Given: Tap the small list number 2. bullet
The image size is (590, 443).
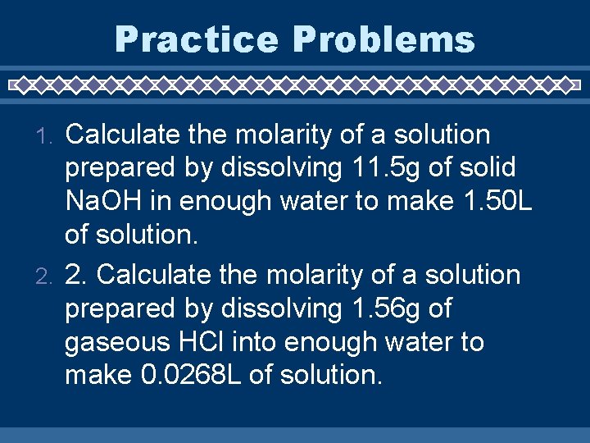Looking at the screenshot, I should tap(48, 276).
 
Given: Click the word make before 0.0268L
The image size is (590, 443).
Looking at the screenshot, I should tap(98, 377).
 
